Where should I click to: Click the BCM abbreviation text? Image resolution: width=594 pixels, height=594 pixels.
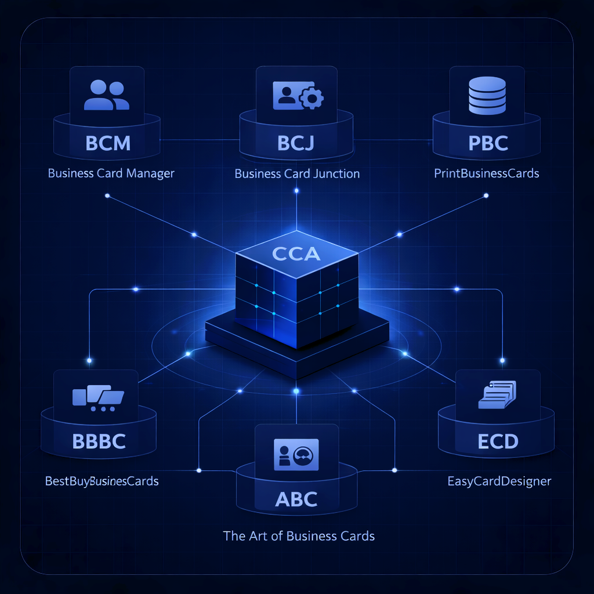pos(107,143)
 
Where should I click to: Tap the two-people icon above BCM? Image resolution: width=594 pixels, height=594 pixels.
pos(107,96)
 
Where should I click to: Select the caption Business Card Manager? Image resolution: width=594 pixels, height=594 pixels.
pos(111,173)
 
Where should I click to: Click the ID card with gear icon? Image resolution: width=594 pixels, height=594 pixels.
pos(298,96)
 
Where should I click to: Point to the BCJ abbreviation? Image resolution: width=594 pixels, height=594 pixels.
pos(296,143)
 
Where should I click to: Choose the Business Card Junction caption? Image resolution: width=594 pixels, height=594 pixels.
pos(297,173)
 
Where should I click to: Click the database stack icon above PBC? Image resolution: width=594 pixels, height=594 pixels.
pos(487,96)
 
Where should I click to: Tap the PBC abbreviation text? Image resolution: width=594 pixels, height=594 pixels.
pos(487,143)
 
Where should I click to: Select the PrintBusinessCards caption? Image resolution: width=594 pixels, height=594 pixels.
pos(486,173)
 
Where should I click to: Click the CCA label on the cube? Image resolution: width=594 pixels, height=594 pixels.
pos(296,253)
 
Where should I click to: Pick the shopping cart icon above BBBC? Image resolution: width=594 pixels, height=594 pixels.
pos(97,398)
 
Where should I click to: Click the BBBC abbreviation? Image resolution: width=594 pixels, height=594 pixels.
pos(99,441)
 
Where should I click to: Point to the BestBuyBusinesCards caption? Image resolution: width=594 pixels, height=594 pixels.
pos(102,481)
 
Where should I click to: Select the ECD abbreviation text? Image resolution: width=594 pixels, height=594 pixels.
pos(498,441)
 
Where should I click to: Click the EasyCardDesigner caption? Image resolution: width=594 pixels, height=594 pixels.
pos(499,481)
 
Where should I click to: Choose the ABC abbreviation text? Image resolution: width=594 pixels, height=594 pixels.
pos(296,499)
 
